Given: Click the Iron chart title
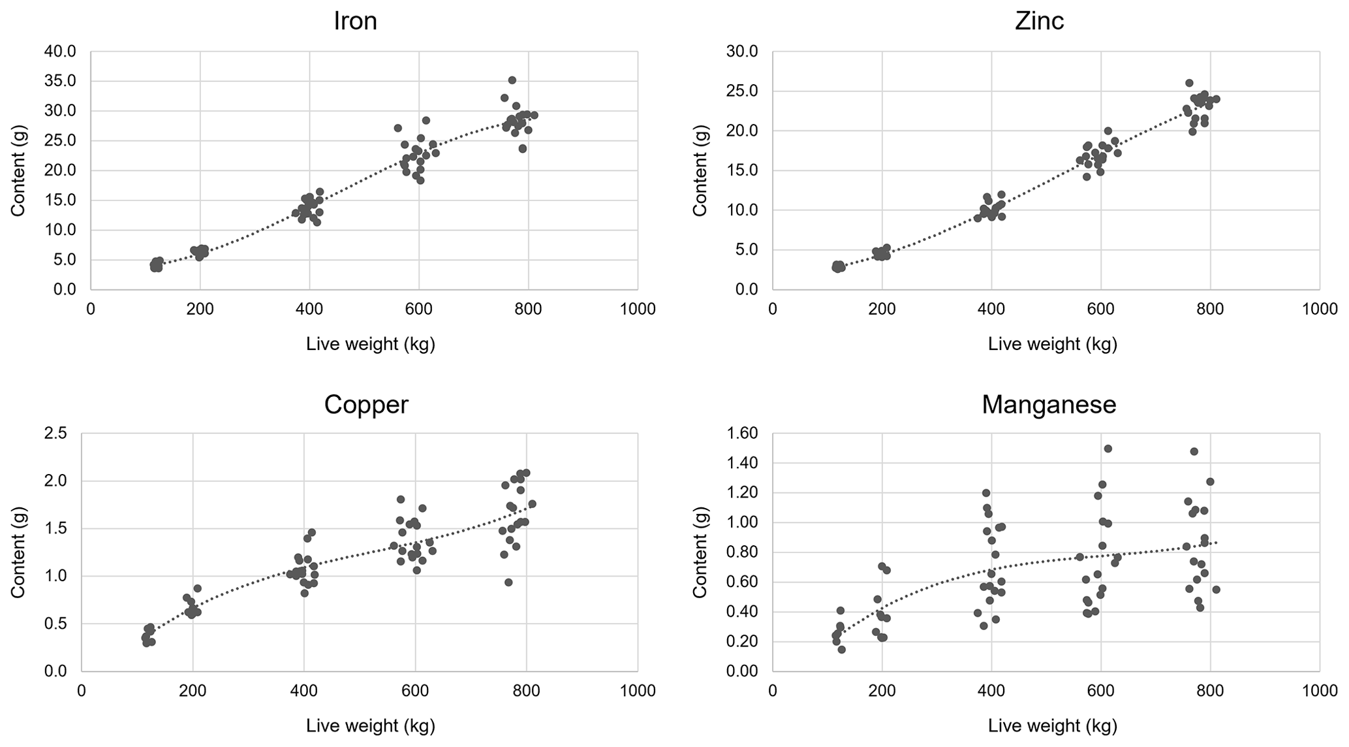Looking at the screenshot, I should [x=355, y=21].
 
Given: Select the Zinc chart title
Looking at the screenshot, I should [x=1040, y=21].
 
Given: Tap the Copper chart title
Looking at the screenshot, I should [x=366, y=405].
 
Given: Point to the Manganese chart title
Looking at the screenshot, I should [x=1049, y=405].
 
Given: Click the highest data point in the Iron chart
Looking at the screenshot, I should [x=512, y=80].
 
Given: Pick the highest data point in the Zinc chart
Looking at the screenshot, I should [x=1189, y=83].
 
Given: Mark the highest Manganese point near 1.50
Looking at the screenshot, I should [x=1108, y=449].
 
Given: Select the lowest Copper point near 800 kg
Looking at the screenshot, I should [x=508, y=582].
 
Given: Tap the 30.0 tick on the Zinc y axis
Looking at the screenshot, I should [x=744, y=51].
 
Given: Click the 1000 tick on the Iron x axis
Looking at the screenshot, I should [x=638, y=309].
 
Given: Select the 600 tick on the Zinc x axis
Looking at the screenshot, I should [x=1101, y=309].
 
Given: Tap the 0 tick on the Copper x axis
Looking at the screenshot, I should [x=82, y=691].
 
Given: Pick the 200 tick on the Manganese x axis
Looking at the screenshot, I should [x=882, y=691].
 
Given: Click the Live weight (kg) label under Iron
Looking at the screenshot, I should [x=370, y=344].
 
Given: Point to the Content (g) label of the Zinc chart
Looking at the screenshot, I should [x=700, y=170].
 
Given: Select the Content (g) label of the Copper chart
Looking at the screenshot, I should [x=18, y=552].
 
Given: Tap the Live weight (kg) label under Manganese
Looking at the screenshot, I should [x=1052, y=725].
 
